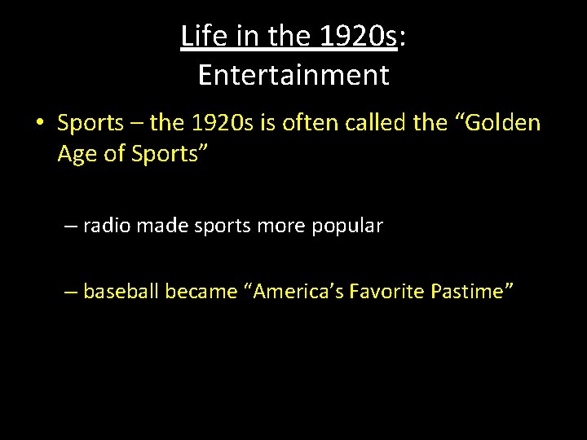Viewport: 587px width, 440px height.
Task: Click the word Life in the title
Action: (199, 37)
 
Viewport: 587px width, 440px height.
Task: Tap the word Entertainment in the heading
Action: (293, 75)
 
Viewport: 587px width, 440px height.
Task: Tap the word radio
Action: (107, 226)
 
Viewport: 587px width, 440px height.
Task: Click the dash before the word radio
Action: (70, 226)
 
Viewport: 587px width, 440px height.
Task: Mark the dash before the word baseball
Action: (70, 290)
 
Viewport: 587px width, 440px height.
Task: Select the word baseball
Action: (121, 290)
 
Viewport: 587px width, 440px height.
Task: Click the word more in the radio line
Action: (284, 226)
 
